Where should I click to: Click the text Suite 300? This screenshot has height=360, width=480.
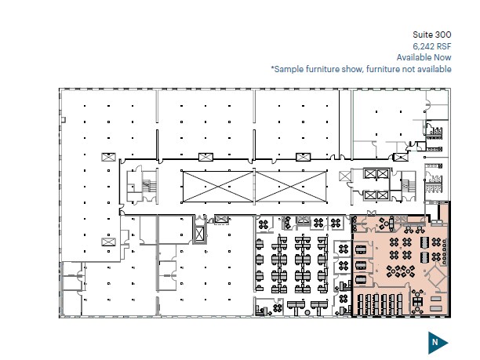pos(432,35)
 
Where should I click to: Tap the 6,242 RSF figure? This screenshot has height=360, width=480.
pos(432,46)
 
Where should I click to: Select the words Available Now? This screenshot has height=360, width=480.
pos(424,57)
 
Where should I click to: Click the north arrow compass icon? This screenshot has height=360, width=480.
pos(437,341)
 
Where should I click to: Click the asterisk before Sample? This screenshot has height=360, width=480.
pos(272,68)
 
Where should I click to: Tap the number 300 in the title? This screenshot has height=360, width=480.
pos(443,35)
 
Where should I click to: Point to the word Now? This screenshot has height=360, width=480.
pos(442,57)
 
